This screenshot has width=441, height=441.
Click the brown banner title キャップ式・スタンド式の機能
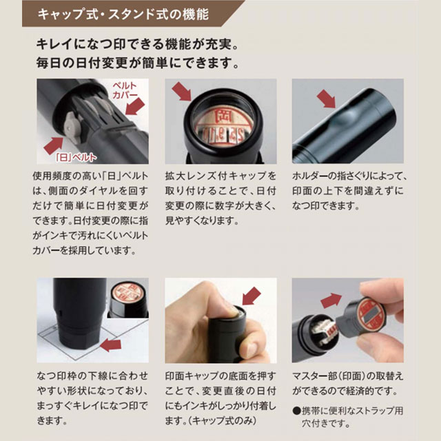point(123,14)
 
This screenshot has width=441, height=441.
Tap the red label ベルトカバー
point(125,90)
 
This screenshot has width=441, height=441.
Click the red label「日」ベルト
point(76,158)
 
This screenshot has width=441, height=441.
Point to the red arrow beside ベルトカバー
point(135,107)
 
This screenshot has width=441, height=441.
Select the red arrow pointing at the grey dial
point(54,145)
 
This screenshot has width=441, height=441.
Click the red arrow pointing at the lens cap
point(182,91)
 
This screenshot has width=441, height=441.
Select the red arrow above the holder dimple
point(327,99)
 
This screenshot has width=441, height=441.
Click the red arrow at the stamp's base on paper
point(111,345)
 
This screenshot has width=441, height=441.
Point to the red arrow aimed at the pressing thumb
point(252,296)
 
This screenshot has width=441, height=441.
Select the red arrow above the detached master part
point(331,300)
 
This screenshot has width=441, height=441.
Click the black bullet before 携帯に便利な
point(296,411)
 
